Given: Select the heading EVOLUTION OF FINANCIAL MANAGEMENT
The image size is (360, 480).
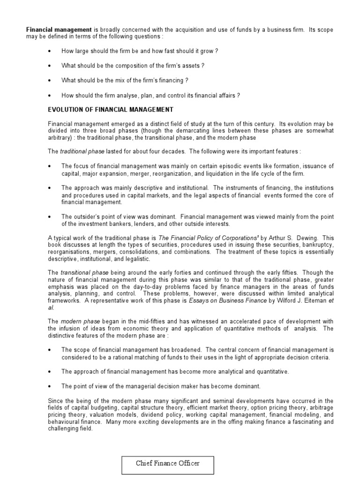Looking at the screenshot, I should point(111,110).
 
